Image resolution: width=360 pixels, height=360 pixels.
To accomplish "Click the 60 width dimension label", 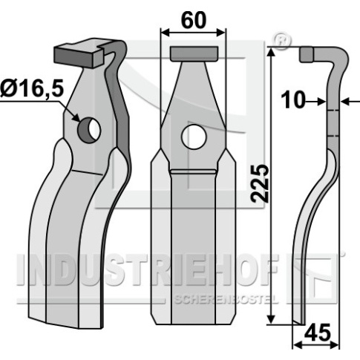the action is point(193,21).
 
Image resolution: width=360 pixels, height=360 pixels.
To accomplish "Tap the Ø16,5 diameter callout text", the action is point(32,88).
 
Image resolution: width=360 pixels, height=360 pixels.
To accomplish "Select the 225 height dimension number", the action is point(259,183).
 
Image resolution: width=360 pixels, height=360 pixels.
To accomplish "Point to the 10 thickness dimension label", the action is point(293,100).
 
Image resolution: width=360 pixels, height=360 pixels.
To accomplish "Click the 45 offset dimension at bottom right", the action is point(318,333).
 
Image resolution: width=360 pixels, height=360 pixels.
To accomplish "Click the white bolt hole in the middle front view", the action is point(194,137).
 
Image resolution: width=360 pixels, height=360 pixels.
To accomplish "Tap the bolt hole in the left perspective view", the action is point(89,130).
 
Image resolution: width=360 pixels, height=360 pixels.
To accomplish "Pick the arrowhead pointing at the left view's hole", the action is point(76,117).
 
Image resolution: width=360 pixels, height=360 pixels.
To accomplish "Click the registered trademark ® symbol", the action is point(281,40).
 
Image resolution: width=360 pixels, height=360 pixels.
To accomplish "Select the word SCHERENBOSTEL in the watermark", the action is point(226,299).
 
